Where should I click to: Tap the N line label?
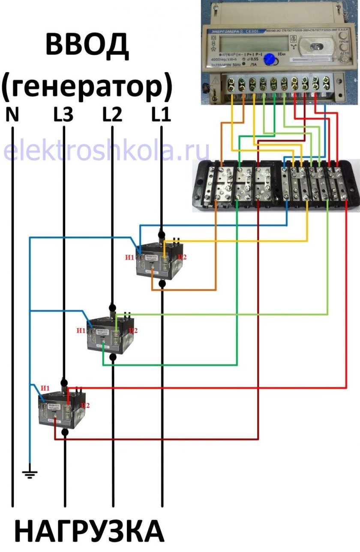tap(12, 115)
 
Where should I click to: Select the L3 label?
tap(63, 115)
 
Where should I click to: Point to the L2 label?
tap(112, 115)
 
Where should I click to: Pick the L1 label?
tap(161, 115)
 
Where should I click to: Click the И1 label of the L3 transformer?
tap(45, 388)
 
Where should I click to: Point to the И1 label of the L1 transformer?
tap(130, 257)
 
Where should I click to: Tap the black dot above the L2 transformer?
tap(112, 308)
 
